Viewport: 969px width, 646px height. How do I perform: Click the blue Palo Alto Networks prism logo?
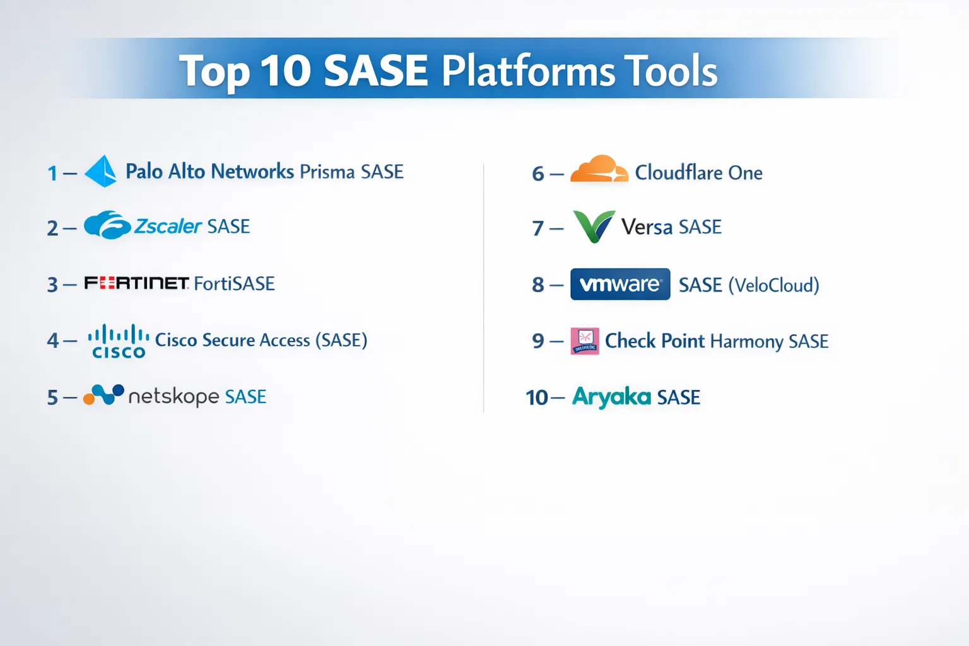[x=101, y=171]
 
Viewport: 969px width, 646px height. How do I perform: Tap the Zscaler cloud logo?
[x=107, y=225]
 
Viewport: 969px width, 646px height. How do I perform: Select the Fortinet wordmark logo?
[x=136, y=283]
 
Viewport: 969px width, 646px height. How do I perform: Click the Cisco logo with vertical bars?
[x=119, y=341]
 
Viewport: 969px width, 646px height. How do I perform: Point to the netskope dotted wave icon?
[x=104, y=394]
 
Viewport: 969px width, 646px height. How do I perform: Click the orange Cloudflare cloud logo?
[x=599, y=168]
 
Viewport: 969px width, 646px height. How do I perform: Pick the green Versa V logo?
[x=594, y=226]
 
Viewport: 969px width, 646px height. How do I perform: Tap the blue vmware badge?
[x=620, y=285]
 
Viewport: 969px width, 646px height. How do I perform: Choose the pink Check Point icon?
[x=585, y=341]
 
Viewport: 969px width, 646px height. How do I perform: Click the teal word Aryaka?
[x=612, y=397]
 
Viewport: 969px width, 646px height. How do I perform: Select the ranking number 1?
[x=52, y=173]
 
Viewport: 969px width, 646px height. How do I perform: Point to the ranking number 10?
[x=537, y=397]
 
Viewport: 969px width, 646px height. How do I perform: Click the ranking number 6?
[x=537, y=174]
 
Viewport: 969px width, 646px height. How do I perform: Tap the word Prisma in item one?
[x=327, y=172]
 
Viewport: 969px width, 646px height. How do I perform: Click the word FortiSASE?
[x=234, y=284]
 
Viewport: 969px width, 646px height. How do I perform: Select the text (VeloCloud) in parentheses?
[x=774, y=285]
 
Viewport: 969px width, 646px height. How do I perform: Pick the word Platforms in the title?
[x=528, y=71]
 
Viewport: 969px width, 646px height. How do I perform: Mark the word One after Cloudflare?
[x=745, y=173]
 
